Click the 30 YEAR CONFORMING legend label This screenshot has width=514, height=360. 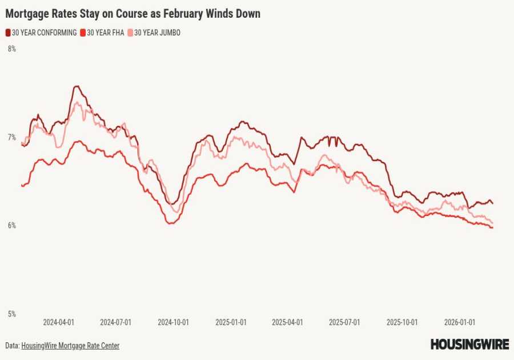pos(44,33)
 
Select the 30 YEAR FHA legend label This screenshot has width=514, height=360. pos(105,33)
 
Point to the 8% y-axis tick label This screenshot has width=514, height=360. pos(11,49)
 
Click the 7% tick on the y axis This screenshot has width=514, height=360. pos(11,138)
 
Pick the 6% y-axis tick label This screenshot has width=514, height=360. pos(11,226)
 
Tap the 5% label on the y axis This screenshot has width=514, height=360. pos(11,314)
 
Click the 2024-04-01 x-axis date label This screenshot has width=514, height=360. pos(59,322)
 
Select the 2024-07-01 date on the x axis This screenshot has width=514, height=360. pos(116,322)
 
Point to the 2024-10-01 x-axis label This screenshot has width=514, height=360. pos(174,322)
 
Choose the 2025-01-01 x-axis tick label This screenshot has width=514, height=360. pos(231,322)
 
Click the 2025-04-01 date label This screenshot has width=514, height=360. pos(287,322)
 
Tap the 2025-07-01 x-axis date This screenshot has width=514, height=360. pos(344,322)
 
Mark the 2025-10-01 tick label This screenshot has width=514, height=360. pos(402,322)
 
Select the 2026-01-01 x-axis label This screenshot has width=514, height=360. pos(460,322)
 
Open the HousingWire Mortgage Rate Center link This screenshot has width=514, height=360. pos(70,346)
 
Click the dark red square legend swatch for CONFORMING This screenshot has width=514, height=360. pos(8,33)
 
